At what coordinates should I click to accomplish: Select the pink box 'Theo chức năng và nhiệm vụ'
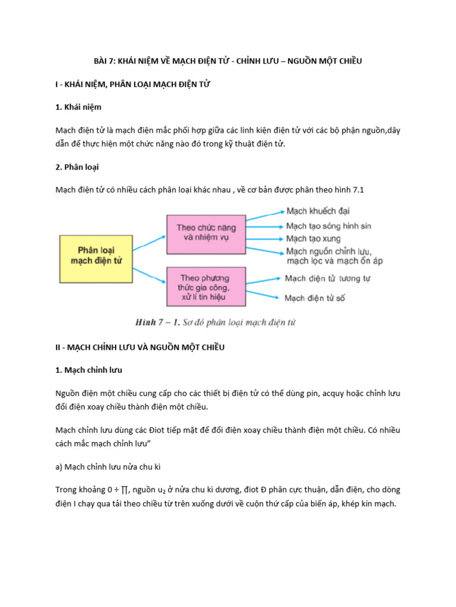click(206, 232)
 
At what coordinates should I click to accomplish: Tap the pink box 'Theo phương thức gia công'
click(205, 287)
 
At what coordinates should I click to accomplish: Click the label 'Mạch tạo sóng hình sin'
click(328, 226)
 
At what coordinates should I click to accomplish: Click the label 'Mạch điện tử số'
click(315, 298)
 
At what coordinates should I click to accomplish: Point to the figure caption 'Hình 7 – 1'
click(153, 322)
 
